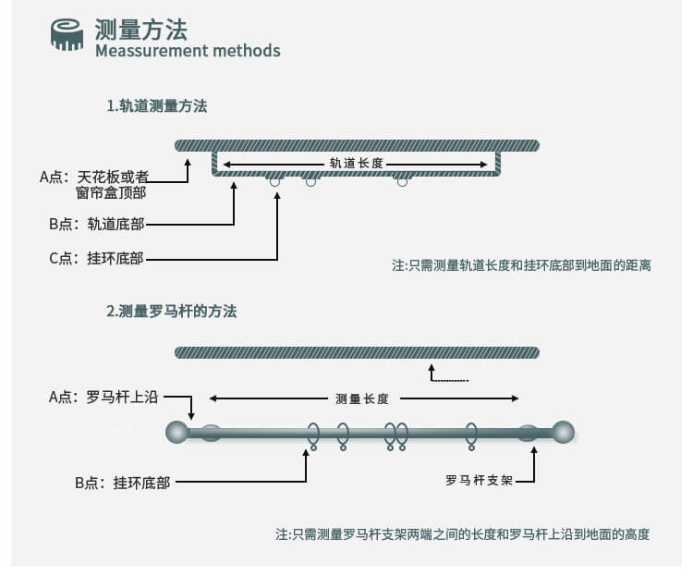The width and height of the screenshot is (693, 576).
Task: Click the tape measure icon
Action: pyautogui.click(x=67, y=34)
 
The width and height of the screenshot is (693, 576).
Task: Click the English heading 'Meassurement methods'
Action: pyautogui.click(x=188, y=51)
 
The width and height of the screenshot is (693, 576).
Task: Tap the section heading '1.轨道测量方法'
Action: pyautogui.click(x=157, y=106)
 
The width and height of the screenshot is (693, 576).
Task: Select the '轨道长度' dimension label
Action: pyautogui.click(x=357, y=164)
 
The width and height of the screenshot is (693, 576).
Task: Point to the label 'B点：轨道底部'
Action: pyautogui.click(x=97, y=225)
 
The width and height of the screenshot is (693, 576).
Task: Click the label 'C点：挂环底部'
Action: pyautogui.click(x=96, y=258)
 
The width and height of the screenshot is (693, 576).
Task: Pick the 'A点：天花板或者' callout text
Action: pyautogui.click(x=94, y=177)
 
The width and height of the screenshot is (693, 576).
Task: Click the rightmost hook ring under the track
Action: pyautogui.click(x=402, y=181)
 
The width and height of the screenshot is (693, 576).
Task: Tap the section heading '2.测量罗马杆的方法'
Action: pyautogui.click(x=172, y=312)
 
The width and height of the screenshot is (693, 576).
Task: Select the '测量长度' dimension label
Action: pyautogui.click(x=362, y=399)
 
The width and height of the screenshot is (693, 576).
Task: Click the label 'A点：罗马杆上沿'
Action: pyautogui.click(x=103, y=397)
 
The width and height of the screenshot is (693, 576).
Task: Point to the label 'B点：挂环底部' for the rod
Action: pyautogui.click(x=122, y=483)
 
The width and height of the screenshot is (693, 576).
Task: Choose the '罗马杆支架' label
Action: pyautogui.click(x=479, y=481)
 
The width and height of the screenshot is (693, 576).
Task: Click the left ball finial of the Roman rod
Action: pyautogui.click(x=177, y=432)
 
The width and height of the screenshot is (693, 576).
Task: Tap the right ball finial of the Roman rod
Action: pyautogui.click(x=563, y=432)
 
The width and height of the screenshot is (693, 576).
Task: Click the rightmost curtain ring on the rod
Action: pyautogui.click(x=471, y=435)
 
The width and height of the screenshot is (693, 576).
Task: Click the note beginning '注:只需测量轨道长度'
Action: pyautogui.click(x=521, y=265)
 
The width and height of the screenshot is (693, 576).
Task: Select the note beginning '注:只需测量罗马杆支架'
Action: pyautogui.click(x=463, y=534)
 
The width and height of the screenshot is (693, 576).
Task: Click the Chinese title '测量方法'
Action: pyautogui.click(x=141, y=30)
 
